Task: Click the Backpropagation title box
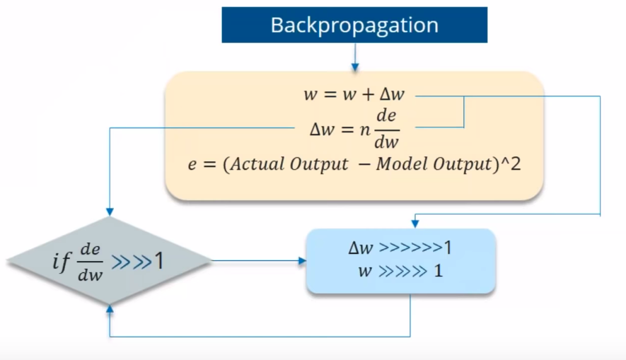click(x=354, y=25)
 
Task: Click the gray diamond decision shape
click(x=109, y=262)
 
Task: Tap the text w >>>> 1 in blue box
click(x=400, y=271)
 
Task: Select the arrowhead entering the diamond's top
click(x=109, y=211)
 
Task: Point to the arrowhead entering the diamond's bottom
click(x=109, y=311)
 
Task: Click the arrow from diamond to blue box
click(x=258, y=261)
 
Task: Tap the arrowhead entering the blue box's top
click(x=415, y=223)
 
